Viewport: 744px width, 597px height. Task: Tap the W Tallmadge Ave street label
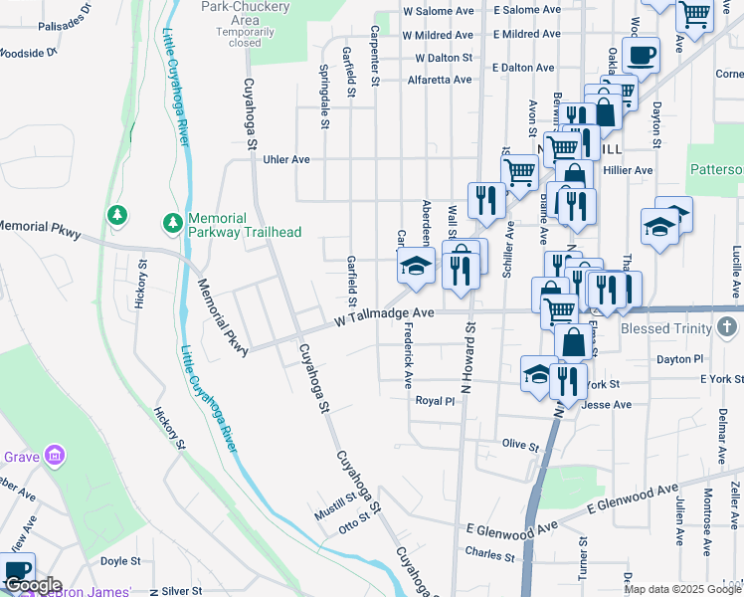pos(385,314)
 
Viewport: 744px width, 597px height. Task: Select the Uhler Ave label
pos(285,159)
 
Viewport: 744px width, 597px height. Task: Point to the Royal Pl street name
pos(435,401)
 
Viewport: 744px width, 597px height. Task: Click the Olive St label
pos(520,444)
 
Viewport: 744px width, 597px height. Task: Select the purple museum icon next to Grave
pos(56,457)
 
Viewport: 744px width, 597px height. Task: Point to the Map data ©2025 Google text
pos(682,589)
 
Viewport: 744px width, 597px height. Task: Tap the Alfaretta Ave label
pos(437,81)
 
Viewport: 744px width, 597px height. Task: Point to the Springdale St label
pos(324,98)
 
